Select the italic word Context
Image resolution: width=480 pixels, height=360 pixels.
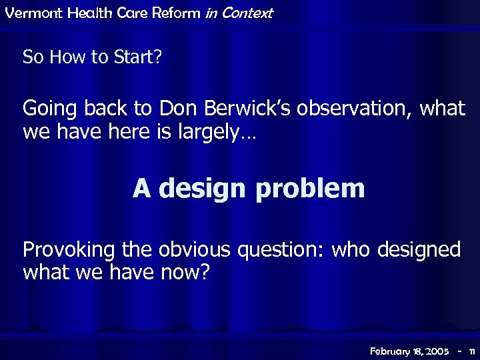(x=247, y=13)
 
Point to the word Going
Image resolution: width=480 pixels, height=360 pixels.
(x=47, y=108)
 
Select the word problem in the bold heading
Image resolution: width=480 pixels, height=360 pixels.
(x=310, y=189)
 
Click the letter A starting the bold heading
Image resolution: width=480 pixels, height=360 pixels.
(x=141, y=189)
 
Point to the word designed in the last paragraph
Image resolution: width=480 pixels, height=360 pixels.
(x=419, y=250)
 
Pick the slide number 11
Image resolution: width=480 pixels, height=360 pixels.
(x=471, y=350)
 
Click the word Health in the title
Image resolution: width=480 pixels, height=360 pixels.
(x=81, y=13)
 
